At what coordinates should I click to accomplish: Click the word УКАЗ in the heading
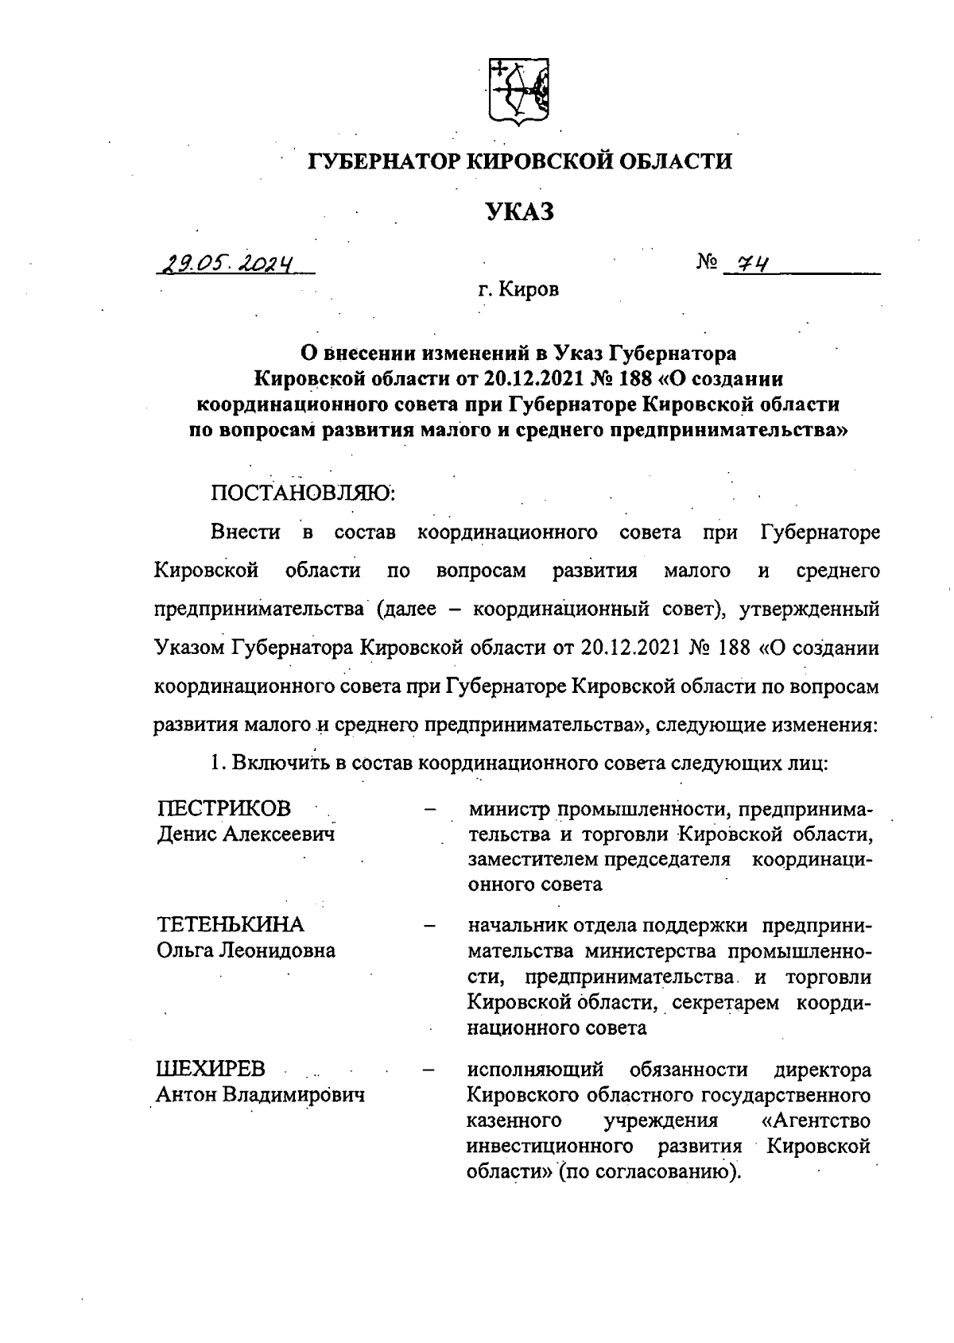coord(518,213)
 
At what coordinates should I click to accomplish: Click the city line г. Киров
coord(518,290)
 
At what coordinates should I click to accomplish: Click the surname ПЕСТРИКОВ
coord(224,808)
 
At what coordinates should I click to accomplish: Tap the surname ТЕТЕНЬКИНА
coord(231,924)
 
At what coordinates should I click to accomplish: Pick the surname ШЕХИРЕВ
coord(211,1069)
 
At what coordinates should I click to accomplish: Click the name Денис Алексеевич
coord(245,834)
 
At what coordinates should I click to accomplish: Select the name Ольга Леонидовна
coord(245,950)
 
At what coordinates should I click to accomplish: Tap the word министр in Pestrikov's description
coord(509,809)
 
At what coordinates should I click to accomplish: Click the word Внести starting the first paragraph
coord(246,532)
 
